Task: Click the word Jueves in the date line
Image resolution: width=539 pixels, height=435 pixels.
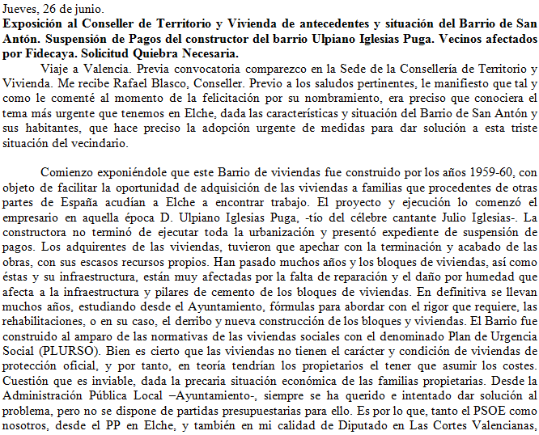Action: [x=19, y=9]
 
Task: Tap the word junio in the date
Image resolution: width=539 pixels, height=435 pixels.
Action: [x=90, y=9]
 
